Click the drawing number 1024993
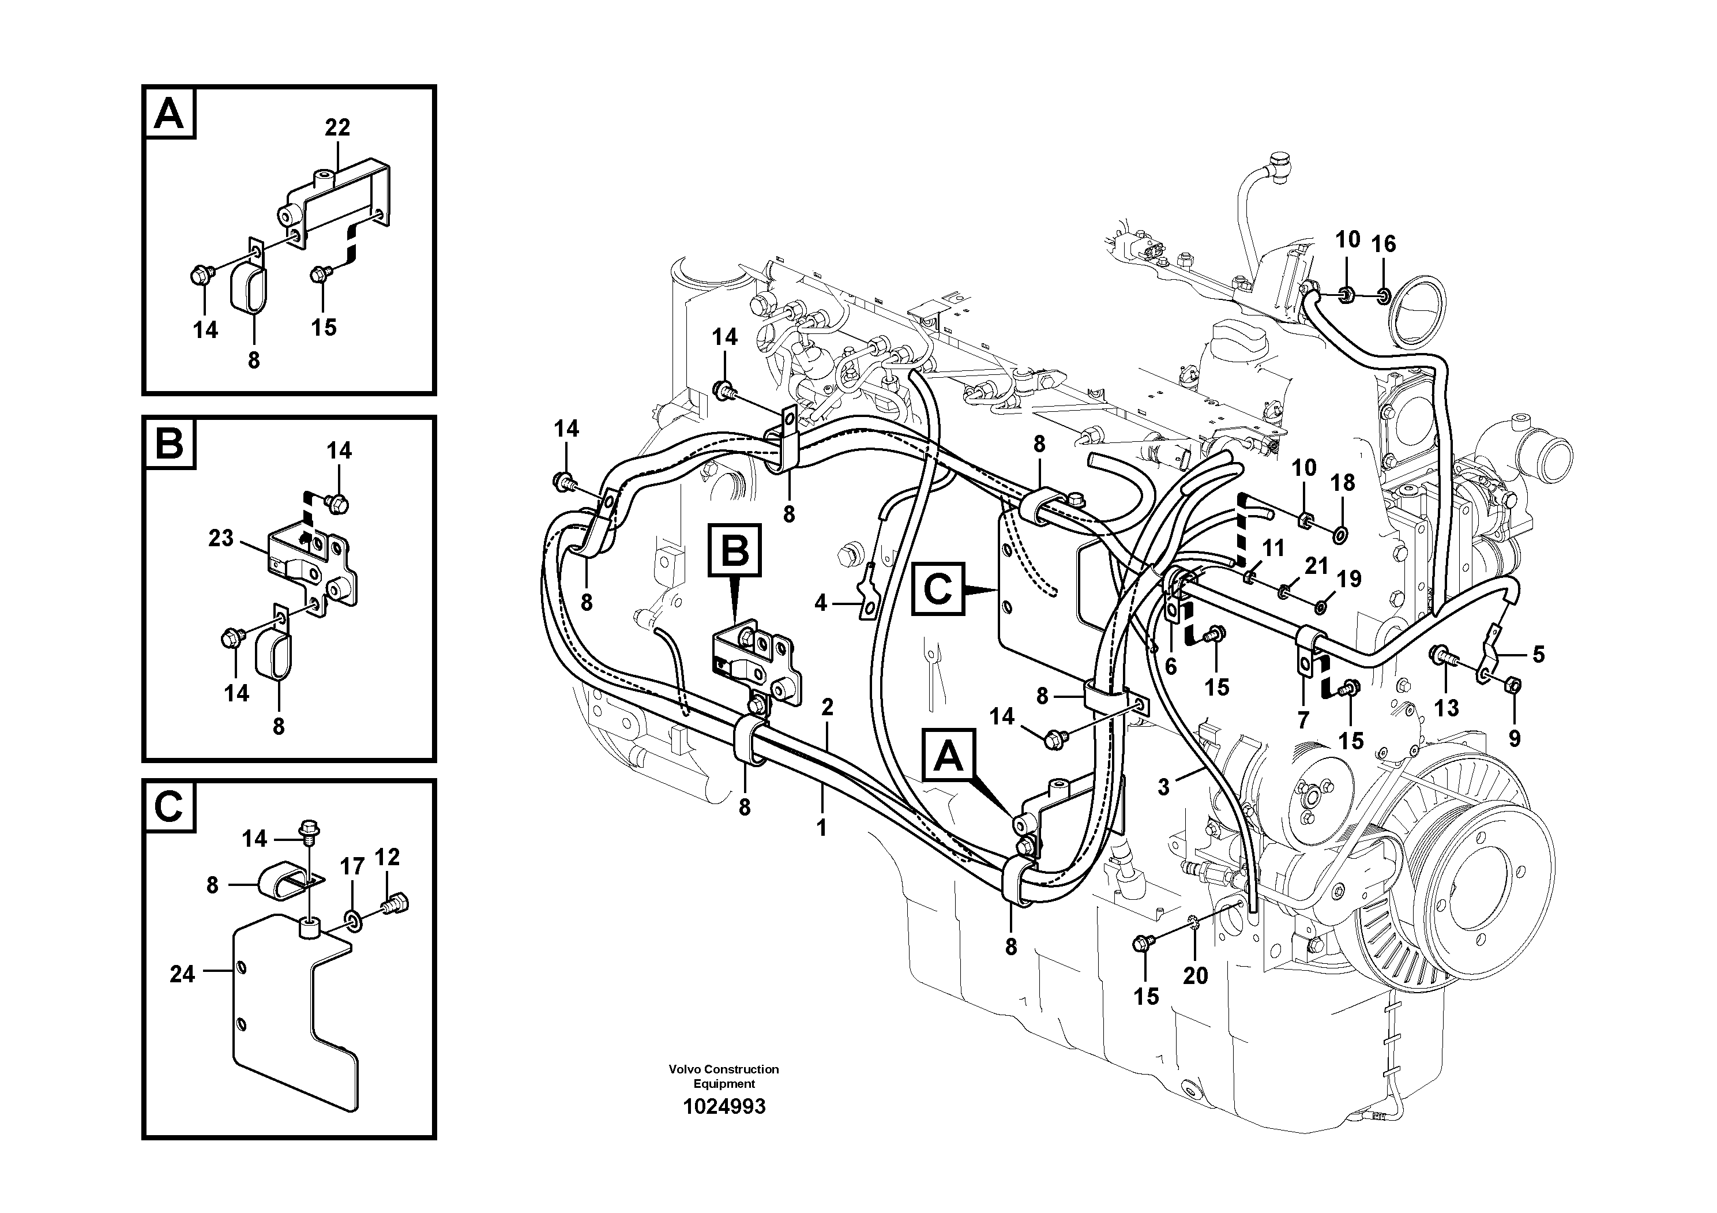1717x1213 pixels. click(723, 1107)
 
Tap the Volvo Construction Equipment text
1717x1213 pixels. click(723, 1076)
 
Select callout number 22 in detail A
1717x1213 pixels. click(337, 128)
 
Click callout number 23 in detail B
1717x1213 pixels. click(220, 539)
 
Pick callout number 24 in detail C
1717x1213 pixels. click(182, 974)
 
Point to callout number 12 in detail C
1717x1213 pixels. click(388, 857)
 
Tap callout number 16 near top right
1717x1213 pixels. click(1384, 244)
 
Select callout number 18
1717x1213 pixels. click(1343, 483)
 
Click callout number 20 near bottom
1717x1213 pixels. click(1195, 976)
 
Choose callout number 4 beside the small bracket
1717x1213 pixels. click(820, 603)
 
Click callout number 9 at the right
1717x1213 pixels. click(1515, 739)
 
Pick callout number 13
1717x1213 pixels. click(1447, 708)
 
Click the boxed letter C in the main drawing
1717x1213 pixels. click(938, 589)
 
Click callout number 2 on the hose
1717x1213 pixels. click(826, 707)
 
